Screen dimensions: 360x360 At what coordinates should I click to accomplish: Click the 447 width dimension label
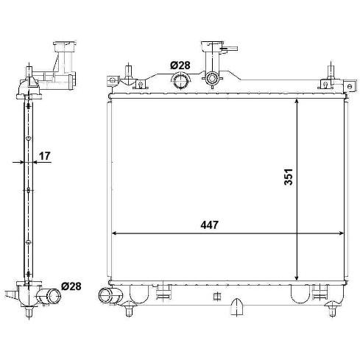click(209, 225)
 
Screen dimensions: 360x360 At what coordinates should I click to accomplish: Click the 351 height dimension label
click(289, 177)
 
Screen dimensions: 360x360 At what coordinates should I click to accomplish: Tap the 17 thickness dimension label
click(45, 155)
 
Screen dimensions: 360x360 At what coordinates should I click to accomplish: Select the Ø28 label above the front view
click(180, 66)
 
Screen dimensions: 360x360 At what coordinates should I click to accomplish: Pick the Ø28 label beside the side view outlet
click(71, 286)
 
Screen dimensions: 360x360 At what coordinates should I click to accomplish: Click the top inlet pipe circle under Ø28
click(180, 80)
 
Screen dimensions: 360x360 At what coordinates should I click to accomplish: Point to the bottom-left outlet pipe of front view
click(107, 294)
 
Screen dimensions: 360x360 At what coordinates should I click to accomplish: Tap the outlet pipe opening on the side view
click(54, 296)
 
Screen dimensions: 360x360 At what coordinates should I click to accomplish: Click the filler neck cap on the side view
click(65, 46)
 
